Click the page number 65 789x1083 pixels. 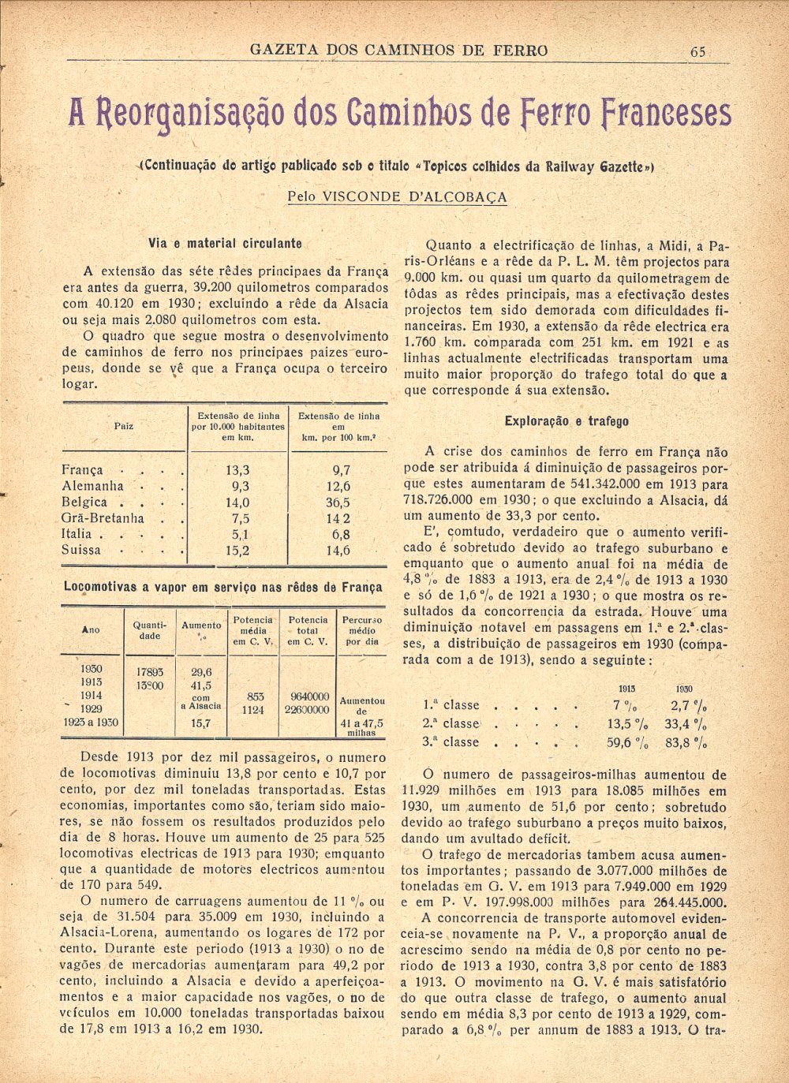click(697, 51)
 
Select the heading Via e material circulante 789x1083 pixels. click(225, 244)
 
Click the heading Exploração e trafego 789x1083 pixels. click(567, 421)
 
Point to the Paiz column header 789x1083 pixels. click(124, 426)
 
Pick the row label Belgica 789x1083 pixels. click(84, 502)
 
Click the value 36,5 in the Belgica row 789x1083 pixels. click(338, 502)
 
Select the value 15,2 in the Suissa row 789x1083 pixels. click(237, 551)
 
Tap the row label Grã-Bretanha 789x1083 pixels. click(103, 518)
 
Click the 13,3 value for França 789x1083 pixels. click(237, 470)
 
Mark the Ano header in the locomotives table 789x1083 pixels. click(91, 630)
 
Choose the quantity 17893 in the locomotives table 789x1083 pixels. click(150, 672)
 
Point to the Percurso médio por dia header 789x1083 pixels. click(362, 630)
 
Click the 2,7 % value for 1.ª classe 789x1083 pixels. click(688, 705)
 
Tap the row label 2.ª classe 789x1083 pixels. click(451, 723)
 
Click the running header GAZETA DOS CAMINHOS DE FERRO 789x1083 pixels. click(398, 50)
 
